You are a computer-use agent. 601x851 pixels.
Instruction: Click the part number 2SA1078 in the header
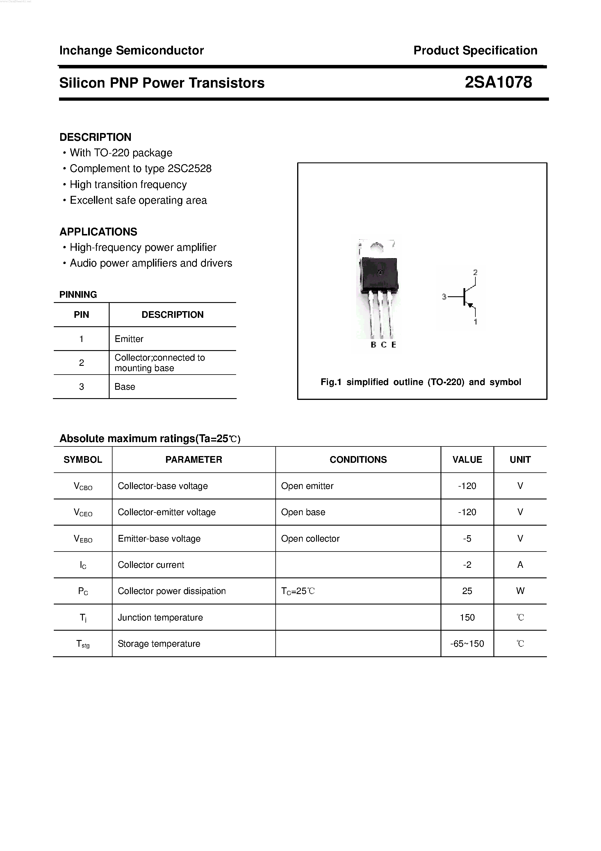click(x=498, y=82)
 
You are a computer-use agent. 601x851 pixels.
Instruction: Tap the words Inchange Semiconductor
click(x=131, y=50)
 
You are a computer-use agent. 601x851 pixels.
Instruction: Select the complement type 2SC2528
click(x=189, y=169)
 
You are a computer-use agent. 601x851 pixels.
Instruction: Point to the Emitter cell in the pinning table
click(x=129, y=339)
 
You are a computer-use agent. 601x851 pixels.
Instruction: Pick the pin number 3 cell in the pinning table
click(x=81, y=387)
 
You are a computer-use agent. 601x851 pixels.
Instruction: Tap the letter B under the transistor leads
click(x=373, y=345)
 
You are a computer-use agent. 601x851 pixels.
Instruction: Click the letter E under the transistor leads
click(x=394, y=345)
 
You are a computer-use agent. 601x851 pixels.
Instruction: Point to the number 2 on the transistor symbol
click(x=475, y=272)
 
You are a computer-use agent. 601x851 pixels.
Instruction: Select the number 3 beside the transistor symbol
click(x=444, y=297)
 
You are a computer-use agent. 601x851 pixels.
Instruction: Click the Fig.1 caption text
click(x=421, y=382)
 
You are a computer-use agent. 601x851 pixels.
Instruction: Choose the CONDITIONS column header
click(x=358, y=460)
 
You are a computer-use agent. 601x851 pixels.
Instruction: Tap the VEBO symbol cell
click(x=83, y=538)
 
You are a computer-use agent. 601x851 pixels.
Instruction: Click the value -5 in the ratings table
click(x=467, y=538)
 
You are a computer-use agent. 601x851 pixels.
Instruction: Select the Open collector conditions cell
click(x=310, y=538)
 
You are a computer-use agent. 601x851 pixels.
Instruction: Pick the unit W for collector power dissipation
click(x=520, y=591)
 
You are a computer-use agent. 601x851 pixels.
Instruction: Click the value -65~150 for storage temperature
click(x=467, y=644)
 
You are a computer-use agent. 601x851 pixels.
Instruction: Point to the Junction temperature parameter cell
click(x=160, y=618)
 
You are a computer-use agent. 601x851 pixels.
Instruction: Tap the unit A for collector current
click(x=520, y=565)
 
